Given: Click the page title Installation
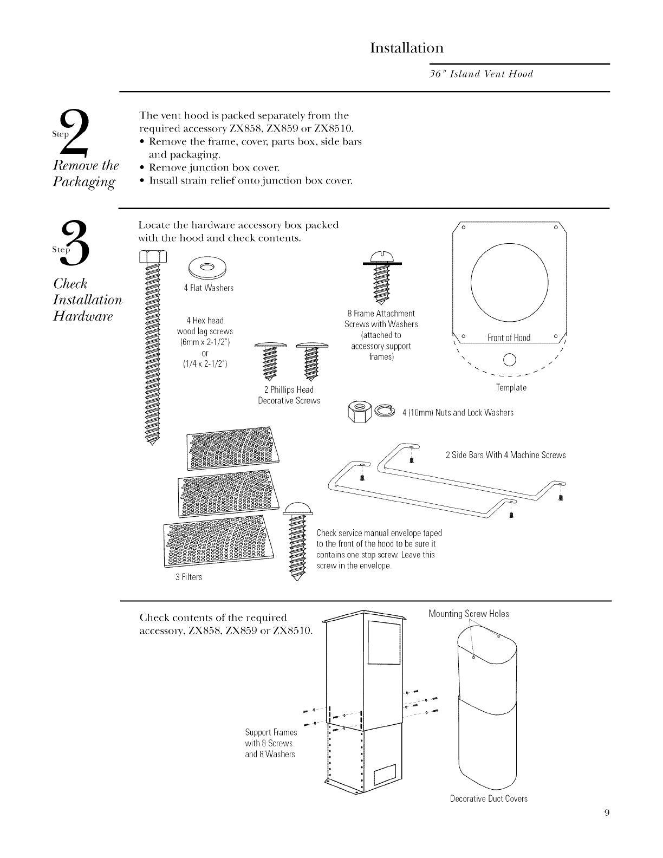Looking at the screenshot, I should (x=407, y=48).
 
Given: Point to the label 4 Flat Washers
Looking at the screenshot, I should (x=209, y=288).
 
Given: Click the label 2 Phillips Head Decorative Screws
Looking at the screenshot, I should (x=289, y=395).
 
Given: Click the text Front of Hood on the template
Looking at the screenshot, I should (x=509, y=339).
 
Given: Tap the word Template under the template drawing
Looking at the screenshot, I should (x=511, y=388).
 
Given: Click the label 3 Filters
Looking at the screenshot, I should (x=188, y=577).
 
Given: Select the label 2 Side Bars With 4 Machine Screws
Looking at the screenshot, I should (x=505, y=455).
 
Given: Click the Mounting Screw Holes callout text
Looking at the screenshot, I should (x=469, y=614).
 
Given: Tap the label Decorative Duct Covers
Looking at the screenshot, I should (x=489, y=799).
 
